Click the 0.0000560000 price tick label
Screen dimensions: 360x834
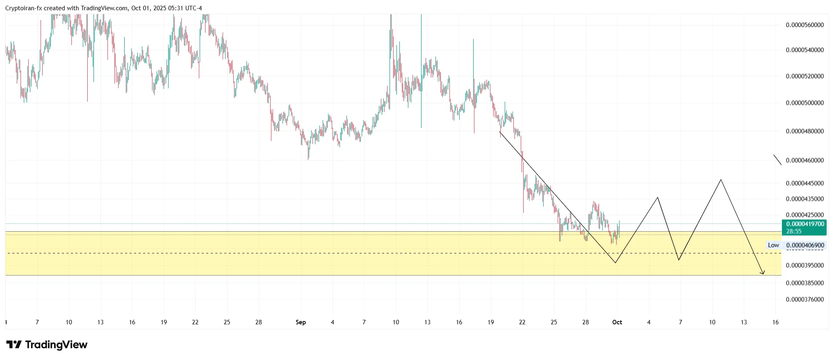804,25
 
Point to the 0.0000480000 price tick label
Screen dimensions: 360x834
804,131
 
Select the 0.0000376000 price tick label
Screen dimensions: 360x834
804,299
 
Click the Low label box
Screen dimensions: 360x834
773,245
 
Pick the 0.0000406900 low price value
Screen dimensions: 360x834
805,245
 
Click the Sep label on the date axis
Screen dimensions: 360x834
301,322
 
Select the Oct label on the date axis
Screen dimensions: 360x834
617,322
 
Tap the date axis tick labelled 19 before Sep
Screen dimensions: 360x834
164,322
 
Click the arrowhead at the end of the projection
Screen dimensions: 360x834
763,273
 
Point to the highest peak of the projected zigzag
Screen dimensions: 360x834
721,180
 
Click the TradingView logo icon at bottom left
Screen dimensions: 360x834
14,345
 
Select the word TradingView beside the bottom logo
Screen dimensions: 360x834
56,345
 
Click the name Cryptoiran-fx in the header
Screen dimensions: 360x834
23,8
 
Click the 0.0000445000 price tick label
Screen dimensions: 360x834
804,183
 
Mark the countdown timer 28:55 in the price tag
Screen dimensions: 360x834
794,231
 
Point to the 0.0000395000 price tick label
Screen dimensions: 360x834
804,265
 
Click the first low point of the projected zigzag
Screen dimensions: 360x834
615,262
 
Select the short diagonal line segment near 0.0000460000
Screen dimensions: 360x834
777,160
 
